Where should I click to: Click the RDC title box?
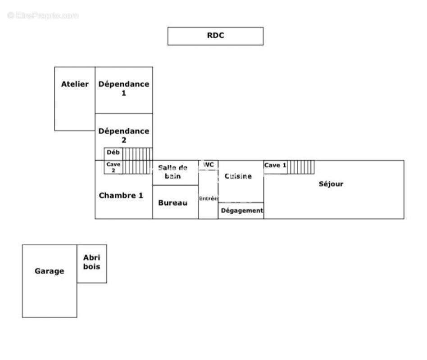(215, 36)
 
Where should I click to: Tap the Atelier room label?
(75, 84)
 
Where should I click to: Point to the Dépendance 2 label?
(124, 135)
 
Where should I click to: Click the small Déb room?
(113, 153)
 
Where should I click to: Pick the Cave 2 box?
(113, 167)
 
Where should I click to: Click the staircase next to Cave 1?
(301, 166)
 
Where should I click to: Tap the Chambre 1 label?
(121, 195)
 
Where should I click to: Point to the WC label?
(208, 165)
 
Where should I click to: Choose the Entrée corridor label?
(208, 198)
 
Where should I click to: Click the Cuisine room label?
(238, 176)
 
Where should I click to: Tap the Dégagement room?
(241, 211)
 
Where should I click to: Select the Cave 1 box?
(275, 166)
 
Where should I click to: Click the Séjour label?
(331, 184)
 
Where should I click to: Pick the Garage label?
(50, 271)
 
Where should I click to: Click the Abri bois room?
(92, 262)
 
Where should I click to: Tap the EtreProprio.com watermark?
(43, 15)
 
